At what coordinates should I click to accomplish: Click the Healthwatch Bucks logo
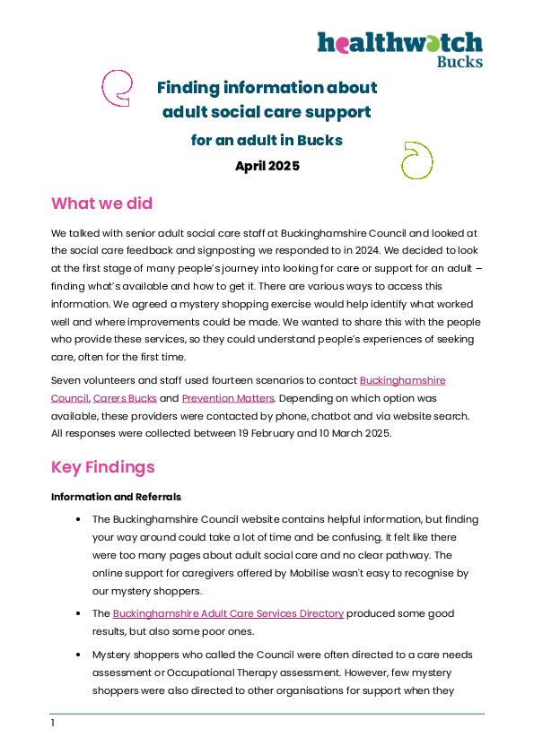(x=400, y=49)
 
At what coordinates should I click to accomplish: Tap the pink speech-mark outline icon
(x=102, y=88)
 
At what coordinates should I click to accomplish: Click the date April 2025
(x=267, y=166)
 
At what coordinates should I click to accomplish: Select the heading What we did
(x=101, y=204)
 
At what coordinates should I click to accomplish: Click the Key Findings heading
(x=102, y=467)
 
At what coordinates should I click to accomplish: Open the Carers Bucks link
(x=125, y=398)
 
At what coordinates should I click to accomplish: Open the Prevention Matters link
(x=228, y=398)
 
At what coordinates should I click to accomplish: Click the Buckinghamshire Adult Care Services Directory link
(x=228, y=613)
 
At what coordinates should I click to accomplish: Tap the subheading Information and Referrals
(x=116, y=497)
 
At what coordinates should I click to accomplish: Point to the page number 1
(x=53, y=723)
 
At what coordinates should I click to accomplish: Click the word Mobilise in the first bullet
(x=309, y=573)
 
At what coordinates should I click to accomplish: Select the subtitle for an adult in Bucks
(x=267, y=140)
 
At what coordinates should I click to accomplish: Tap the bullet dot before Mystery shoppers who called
(x=78, y=655)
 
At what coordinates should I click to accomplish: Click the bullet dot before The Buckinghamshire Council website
(x=78, y=519)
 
